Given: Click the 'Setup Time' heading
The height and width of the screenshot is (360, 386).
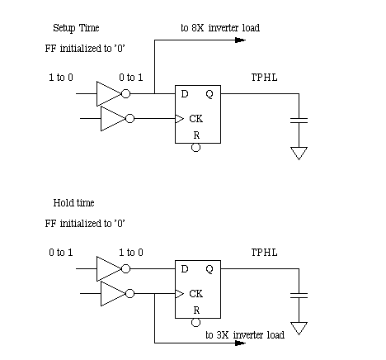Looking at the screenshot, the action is click(x=76, y=28).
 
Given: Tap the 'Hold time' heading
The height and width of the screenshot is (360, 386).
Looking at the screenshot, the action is click(x=73, y=203).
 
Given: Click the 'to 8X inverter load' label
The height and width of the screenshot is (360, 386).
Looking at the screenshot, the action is click(x=220, y=28).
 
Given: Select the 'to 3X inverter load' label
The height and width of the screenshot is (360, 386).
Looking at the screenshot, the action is click(x=245, y=335).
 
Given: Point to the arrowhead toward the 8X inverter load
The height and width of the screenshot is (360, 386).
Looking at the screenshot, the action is click(x=241, y=40).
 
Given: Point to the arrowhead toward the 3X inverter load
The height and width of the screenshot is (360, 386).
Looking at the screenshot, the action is click(x=241, y=343).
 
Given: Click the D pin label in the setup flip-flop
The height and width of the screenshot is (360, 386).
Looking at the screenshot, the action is click(x=185, y=94).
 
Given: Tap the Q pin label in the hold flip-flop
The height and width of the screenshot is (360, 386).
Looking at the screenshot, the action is click(x=209, y=269).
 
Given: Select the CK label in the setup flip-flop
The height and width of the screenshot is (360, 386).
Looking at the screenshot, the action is click(x=196, y=119).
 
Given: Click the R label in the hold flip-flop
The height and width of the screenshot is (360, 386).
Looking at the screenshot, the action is click(x=196, y=310).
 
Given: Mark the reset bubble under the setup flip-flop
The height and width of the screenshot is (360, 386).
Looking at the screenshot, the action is click(x=195, y=148).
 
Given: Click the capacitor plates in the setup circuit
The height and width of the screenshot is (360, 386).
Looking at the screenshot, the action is click(x=299, y=121).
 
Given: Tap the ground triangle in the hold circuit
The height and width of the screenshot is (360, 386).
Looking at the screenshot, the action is click(x=299, y=329).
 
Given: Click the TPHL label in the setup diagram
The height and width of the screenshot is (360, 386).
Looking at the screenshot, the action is click(x=265, y=78).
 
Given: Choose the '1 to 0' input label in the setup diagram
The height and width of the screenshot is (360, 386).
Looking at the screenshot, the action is click(x=61, y=78).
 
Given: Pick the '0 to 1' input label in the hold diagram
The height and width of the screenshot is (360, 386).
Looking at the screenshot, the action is click(x=61, y=253).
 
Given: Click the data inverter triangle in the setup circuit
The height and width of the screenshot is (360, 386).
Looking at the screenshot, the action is click(x=109, y=94).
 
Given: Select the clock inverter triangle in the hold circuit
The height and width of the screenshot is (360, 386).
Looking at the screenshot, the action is click(x=113, y=294).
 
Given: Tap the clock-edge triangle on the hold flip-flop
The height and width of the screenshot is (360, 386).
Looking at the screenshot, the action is click(x=179, y=294).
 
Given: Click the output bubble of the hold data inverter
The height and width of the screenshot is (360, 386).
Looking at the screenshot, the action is click(x=125, y=269).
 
